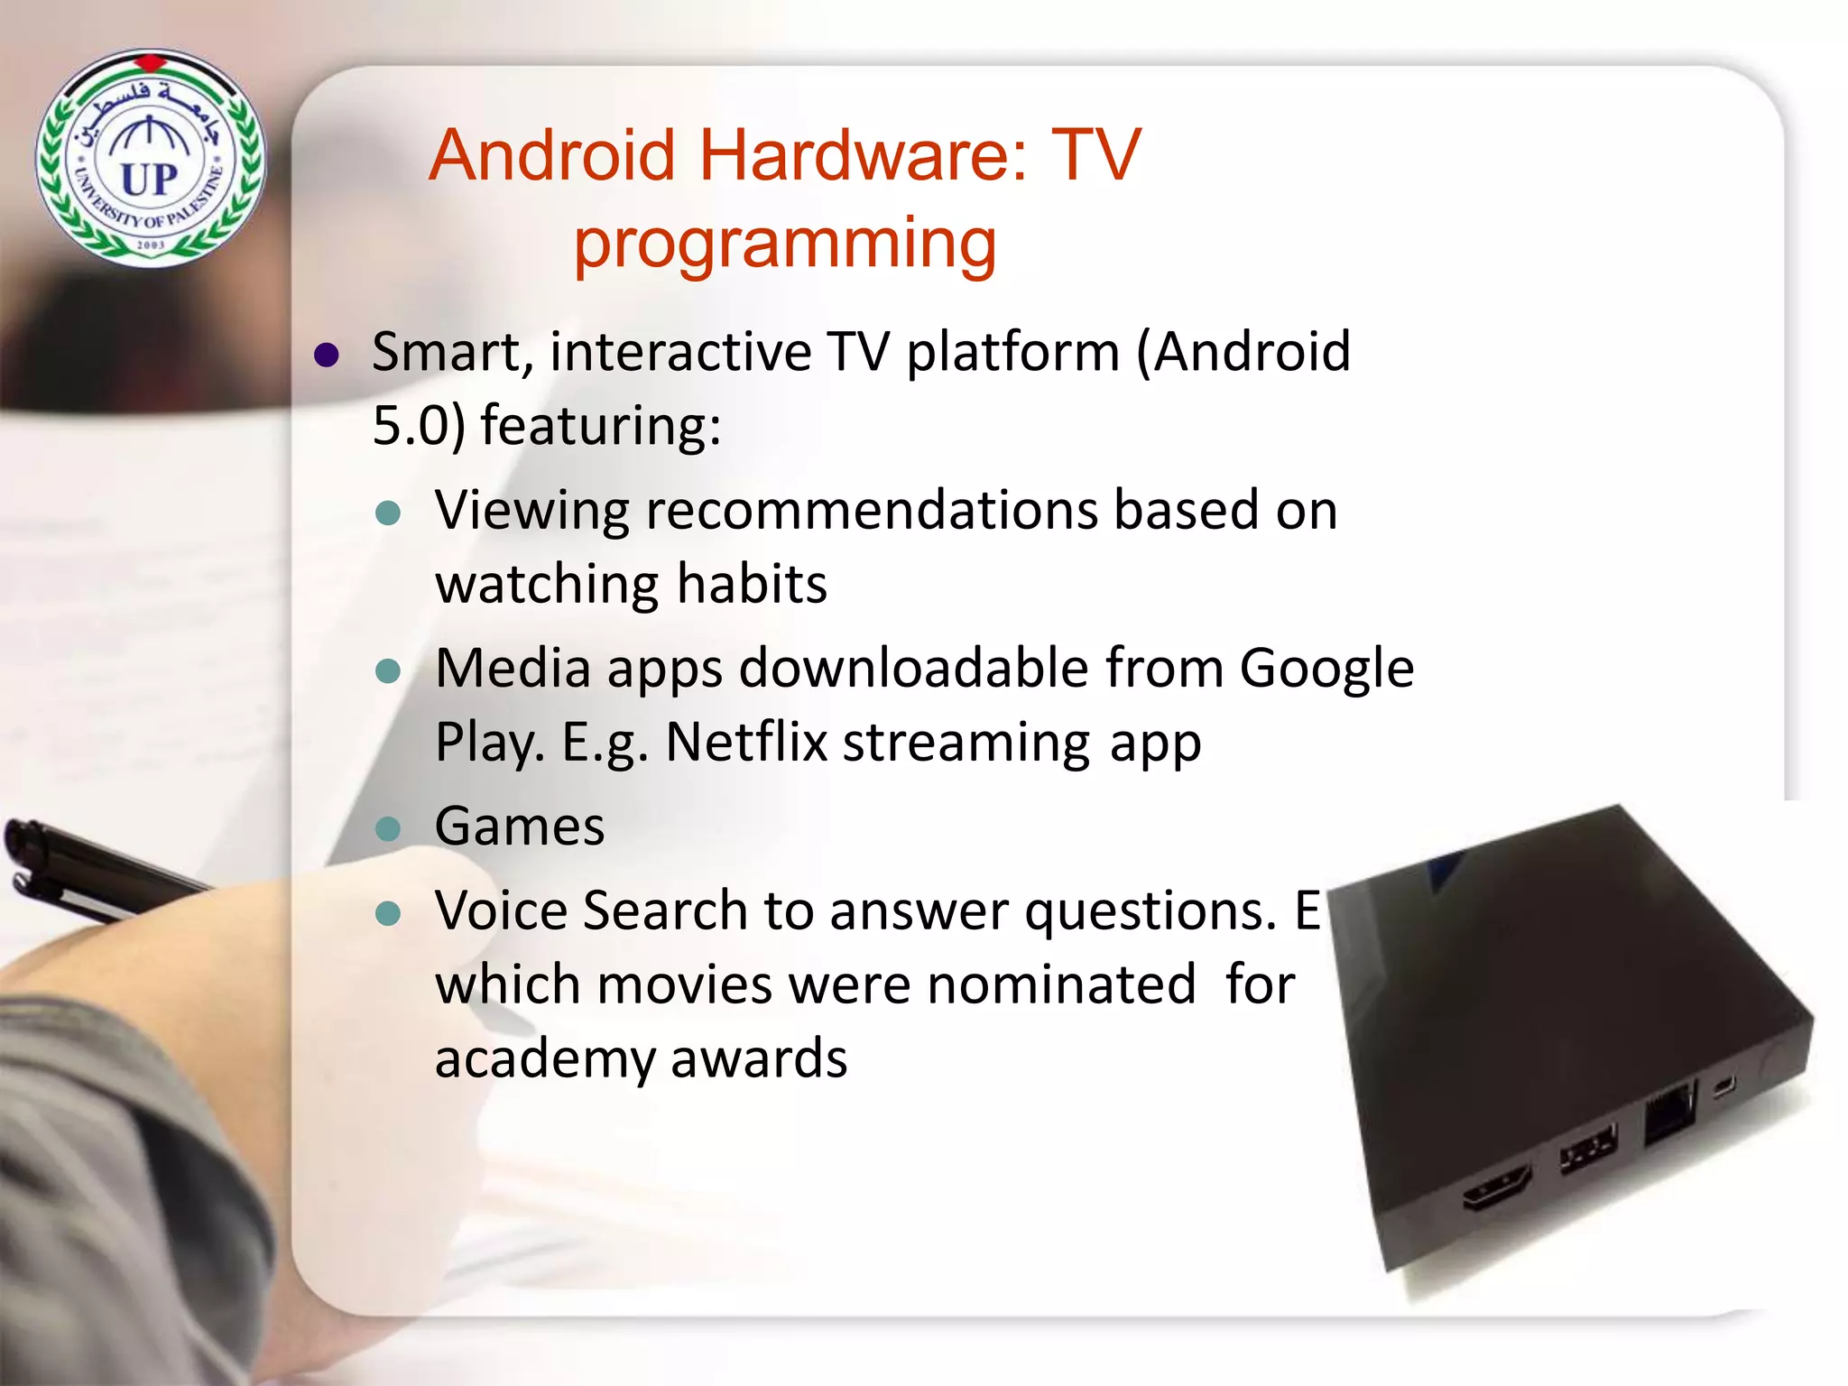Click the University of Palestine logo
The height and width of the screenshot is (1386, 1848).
pyautogui.click(x=151, y=157)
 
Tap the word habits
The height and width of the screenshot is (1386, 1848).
pyautogui.click(x=752, y=584)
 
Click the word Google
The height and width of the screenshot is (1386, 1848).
pyautogui.click(x=1326, y=669)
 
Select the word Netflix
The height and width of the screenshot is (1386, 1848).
pyautogui.click(x=746, y=743)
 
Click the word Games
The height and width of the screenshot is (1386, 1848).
pyautogui.click(x=520, y=827)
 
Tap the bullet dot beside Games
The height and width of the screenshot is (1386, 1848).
pyautogui.click(x=388, y=828)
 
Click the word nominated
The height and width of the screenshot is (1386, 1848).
pyautogui.click(x=1061, y=984)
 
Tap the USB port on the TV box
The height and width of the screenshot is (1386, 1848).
pyautogui.click(x=1588, y=1150)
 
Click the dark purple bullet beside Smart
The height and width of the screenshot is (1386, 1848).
pyautogui.click(x=326, y=355)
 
